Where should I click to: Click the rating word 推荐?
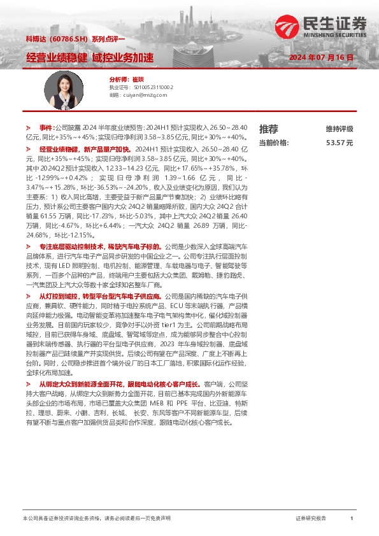268,129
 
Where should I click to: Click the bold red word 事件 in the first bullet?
46,128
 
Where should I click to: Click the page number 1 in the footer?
352,519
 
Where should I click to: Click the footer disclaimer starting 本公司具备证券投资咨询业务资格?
96,519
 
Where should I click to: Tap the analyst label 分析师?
118,79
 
